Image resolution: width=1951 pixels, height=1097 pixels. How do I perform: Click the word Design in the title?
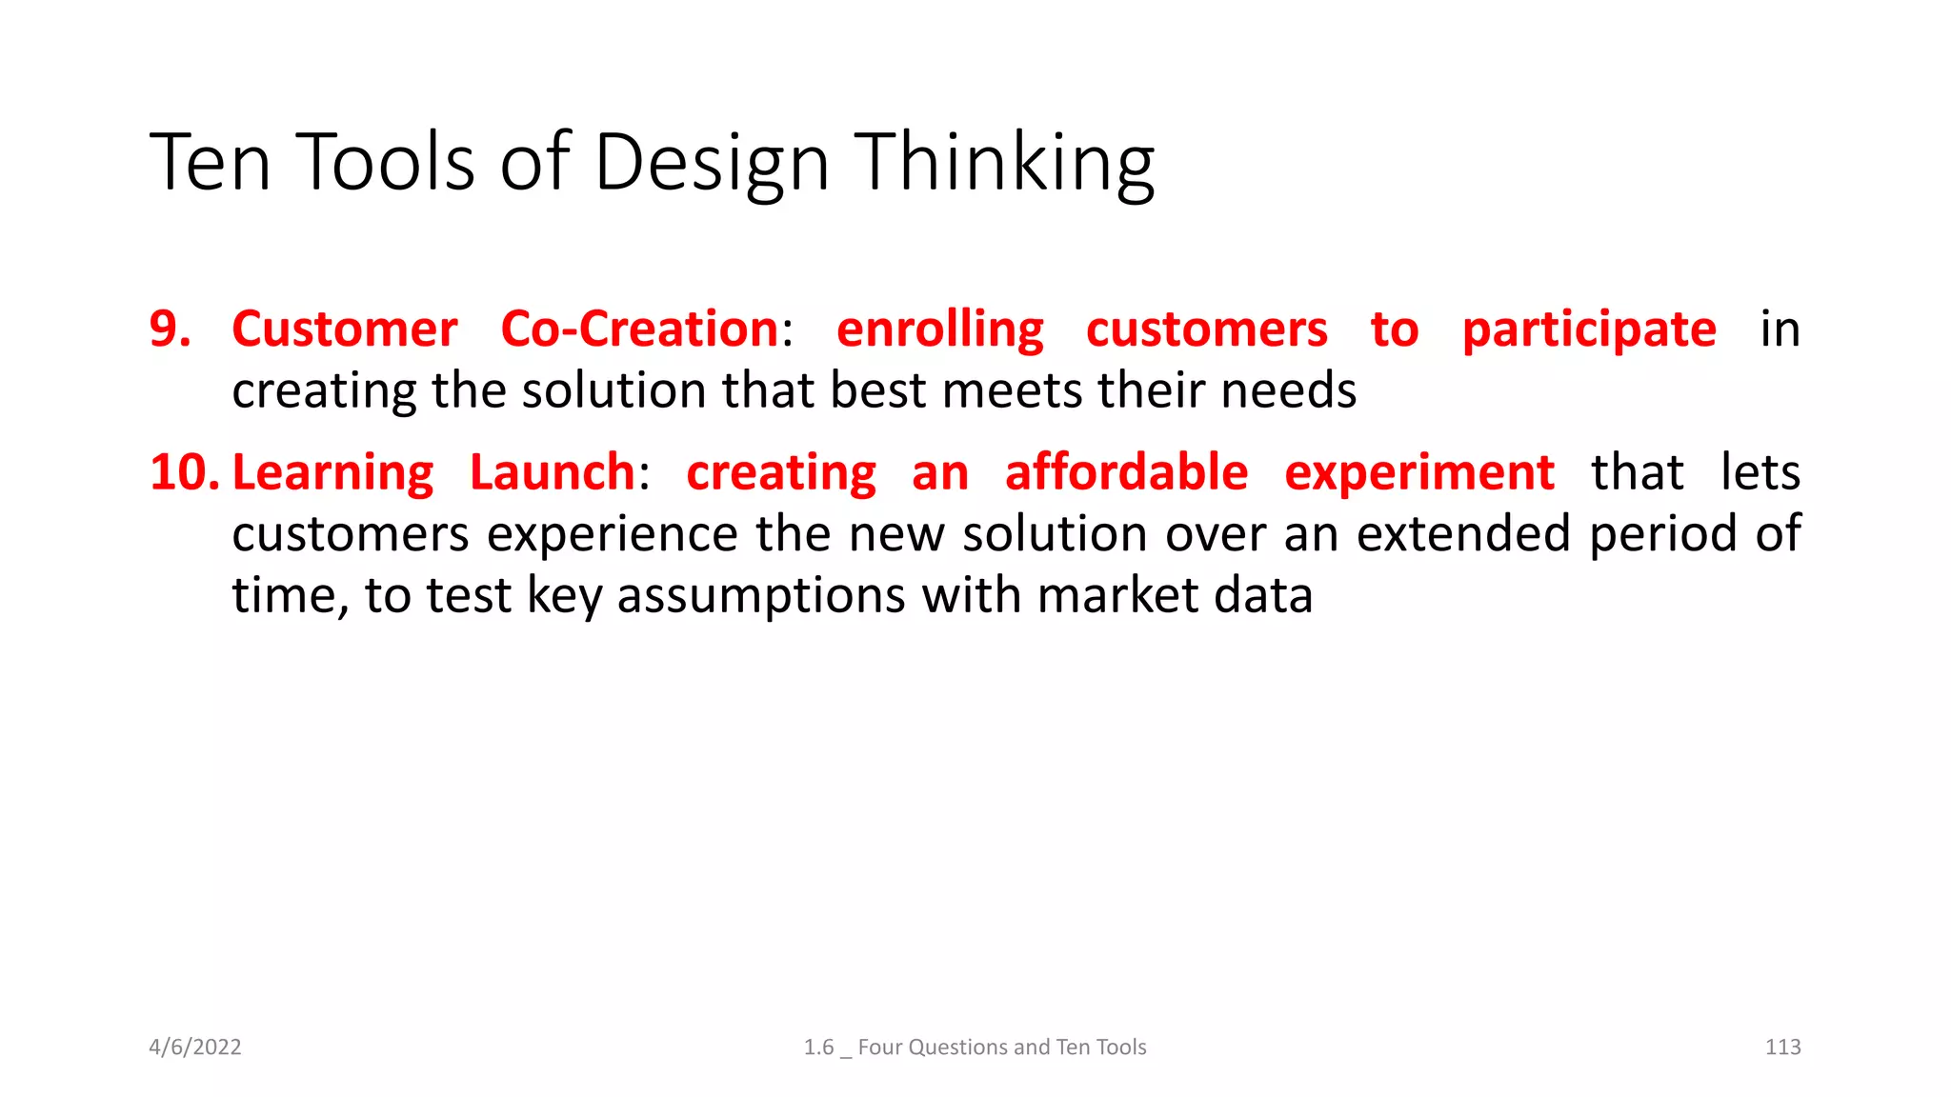[x=711, y=164]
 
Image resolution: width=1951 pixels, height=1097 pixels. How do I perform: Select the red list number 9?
[x=170, y=329]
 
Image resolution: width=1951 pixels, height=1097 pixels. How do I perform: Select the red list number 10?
[x=184, y=472]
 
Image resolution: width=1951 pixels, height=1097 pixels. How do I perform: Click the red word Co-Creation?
[x=640, y=329]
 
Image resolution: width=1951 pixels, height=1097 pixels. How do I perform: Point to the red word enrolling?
[x=940, y=330]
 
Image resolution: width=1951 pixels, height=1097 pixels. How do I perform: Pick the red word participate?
[x=1589, y=330]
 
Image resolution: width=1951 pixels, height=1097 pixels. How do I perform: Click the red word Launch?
[x=553, y=472]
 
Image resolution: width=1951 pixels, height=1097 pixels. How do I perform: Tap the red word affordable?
[x=1126, y=472]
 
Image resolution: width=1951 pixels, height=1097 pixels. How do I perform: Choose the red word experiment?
[x=1418, y=473]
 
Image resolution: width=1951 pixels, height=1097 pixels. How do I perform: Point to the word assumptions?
[x=760, y=596]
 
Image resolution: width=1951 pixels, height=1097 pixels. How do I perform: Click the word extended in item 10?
[x=1462, y=533]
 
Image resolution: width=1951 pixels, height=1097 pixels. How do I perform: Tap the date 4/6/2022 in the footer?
[x=195, y=1047]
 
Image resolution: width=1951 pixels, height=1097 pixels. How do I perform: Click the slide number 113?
[x=1782, y=1047]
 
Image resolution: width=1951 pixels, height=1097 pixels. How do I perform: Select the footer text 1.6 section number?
[x=818, y=1047]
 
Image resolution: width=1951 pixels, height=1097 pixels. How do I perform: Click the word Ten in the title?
[x=211, y=164]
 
